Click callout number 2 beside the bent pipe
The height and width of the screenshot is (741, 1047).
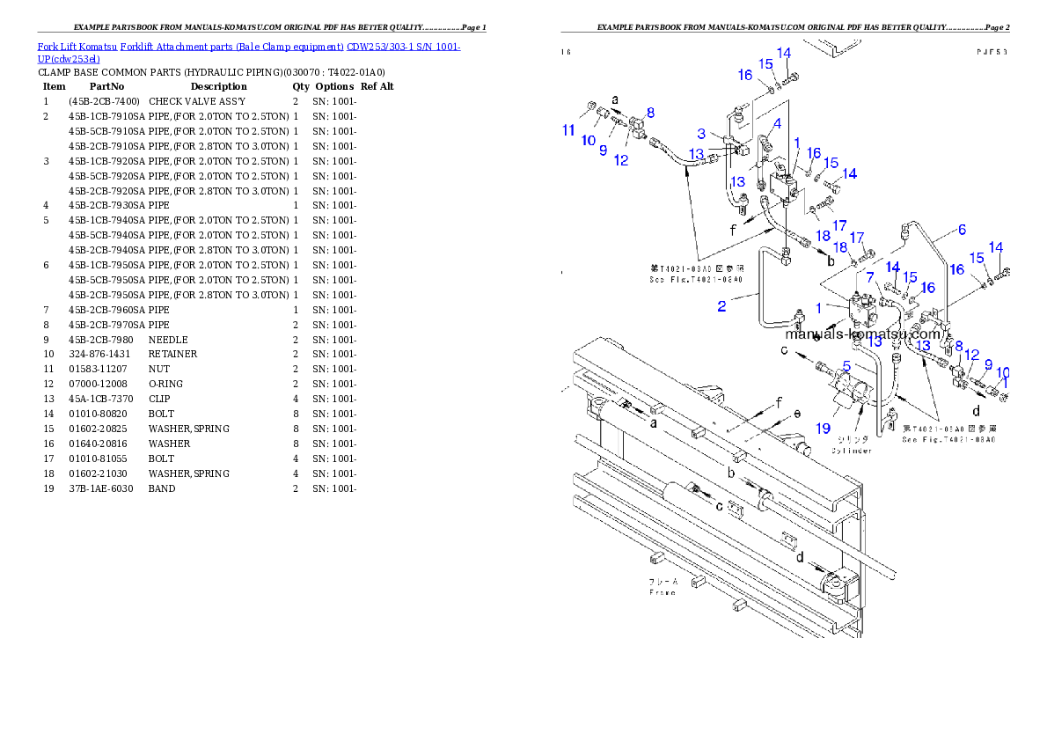click(721, 306)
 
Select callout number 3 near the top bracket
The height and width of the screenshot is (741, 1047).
click(701, 134)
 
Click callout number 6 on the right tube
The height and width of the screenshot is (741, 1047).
click(962, 230)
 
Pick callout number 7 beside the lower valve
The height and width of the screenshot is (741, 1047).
click(868, 277)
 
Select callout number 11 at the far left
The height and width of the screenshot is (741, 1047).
click(569, 130)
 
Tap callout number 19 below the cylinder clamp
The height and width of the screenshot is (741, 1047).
click(822, 429)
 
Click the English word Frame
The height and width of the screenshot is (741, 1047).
click(663, 592)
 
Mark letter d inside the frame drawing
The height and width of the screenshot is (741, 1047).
click(799, 557)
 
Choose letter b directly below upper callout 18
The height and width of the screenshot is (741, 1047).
click(831, 261)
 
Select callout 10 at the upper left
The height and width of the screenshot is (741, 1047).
click(588, 141)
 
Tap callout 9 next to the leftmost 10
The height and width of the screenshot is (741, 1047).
click(604, 150)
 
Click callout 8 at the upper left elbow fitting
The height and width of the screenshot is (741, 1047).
click(650, 113)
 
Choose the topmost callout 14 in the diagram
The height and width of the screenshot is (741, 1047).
click(783, 54)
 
